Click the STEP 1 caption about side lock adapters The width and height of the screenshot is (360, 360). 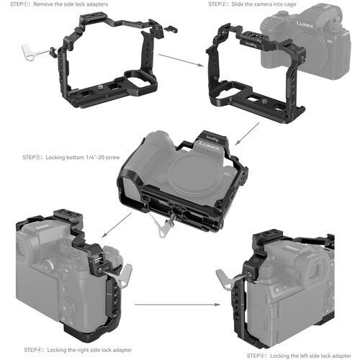[59, 4]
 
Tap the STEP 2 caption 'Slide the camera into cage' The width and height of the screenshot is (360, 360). [252, 4]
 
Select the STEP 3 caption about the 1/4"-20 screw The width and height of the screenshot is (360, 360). [71, 158]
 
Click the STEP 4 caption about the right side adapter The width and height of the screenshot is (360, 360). [78, 350]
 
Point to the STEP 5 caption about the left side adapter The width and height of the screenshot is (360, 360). [299, 356]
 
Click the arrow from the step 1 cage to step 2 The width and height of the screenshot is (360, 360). [181, 60]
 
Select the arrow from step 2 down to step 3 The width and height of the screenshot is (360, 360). [247, 134]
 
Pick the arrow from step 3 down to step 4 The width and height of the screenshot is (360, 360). [117, 225]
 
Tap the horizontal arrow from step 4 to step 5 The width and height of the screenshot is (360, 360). [178, 305]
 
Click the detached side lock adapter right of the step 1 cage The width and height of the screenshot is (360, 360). [171, 29]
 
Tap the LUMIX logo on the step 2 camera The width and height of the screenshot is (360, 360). [305, 24]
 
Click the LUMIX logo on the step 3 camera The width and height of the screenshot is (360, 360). [210, 146]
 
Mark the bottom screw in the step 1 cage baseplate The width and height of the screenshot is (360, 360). [99, 87]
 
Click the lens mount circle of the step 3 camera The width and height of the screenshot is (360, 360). [191, 172]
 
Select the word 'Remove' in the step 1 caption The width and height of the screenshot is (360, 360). [42, 4]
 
